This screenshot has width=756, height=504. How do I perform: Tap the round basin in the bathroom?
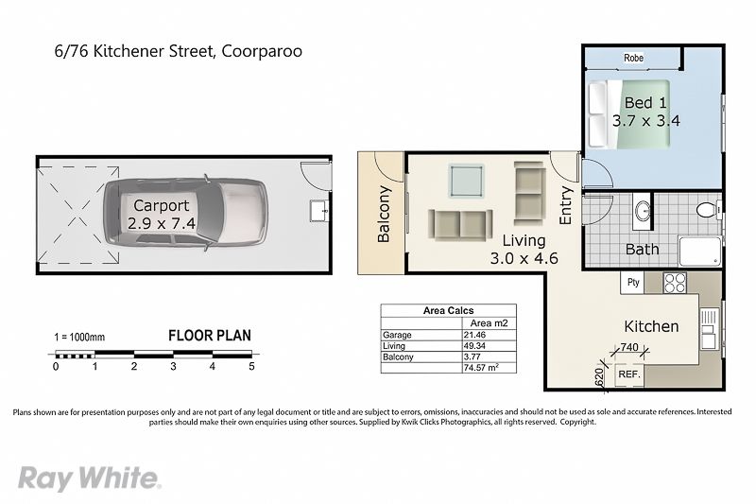point(643,211)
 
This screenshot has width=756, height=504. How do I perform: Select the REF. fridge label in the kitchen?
point(629,374)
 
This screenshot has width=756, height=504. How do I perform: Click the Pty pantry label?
point(633,282)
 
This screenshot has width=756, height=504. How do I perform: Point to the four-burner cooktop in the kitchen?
point(675,283)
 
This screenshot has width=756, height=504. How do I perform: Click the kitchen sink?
point(709,329)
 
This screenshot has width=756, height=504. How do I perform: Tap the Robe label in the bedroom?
point(633,58)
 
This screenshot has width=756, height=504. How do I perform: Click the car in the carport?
point(185,212)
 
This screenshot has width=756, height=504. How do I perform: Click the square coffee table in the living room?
point(466,181)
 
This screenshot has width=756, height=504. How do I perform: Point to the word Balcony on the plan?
point(384,214)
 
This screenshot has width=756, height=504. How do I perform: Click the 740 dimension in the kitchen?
point(629,347)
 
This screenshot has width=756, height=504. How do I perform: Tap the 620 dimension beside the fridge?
point(599,377)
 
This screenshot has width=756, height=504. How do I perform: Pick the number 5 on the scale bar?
point(251,367)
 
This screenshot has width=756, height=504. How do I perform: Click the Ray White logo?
point(89,478)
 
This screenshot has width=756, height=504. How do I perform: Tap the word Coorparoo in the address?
point(262,51)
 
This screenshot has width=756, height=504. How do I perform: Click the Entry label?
point(565,205)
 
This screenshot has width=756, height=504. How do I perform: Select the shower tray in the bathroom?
point(700,252)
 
